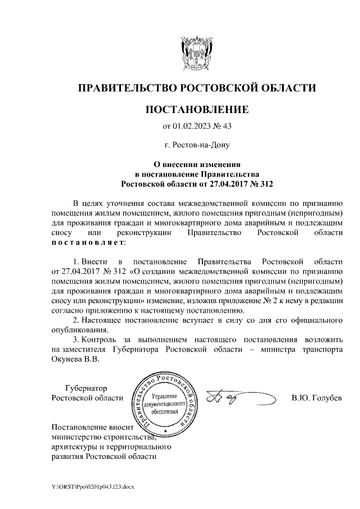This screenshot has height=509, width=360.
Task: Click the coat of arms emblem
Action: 196,51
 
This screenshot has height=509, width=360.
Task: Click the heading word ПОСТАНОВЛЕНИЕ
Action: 196,109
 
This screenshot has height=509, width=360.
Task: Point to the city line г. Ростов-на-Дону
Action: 196,145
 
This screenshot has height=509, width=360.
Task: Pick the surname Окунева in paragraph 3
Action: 66,360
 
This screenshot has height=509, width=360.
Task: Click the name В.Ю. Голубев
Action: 316,399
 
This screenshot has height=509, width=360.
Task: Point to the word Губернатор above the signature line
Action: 85,388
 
